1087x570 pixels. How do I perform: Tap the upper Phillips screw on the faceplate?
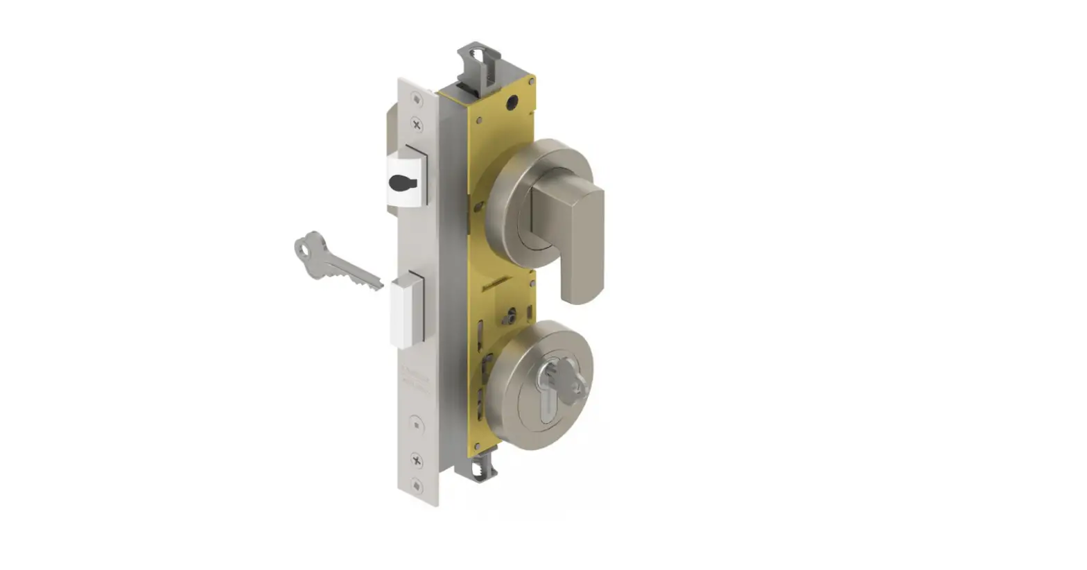[x=417, y=125]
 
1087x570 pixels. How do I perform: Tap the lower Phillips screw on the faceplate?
[x=417, y=460]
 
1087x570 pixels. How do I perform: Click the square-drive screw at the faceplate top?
[x=417, y=100]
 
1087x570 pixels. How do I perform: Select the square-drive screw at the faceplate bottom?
[x=417, y=485]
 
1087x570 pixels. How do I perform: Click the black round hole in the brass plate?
[x=512, y=104]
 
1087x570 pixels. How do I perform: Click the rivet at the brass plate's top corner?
[x=532, y=82]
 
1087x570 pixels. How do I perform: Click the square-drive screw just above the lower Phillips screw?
[x=416, y=424]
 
